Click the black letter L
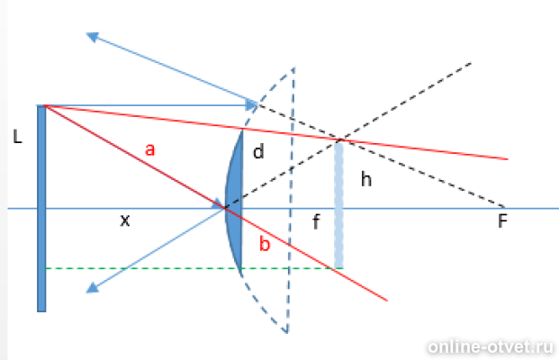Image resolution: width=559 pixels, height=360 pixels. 17,137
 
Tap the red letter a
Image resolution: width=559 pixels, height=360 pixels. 150,149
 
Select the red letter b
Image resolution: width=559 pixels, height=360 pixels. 265,244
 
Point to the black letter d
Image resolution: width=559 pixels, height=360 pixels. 258,151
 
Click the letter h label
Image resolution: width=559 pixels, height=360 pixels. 366,178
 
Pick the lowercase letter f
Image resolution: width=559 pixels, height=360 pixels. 316,221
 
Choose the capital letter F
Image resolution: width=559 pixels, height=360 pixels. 502,221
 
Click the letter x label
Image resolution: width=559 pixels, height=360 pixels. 125,220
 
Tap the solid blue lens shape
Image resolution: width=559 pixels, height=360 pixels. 234,204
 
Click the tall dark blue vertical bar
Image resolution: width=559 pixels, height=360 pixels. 41,209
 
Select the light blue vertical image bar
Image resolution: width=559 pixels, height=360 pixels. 338,204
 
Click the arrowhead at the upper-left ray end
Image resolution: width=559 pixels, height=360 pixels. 93,37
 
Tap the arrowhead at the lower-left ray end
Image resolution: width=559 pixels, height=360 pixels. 93,287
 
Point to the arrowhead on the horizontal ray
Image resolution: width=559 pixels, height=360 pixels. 252,105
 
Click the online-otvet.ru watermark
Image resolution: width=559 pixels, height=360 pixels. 491,346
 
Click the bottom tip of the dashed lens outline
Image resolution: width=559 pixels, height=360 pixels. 287,333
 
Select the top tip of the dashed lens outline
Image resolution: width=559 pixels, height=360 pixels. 293,67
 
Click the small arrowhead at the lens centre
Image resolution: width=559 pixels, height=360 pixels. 218,204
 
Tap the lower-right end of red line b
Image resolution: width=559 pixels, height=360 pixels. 387,301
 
